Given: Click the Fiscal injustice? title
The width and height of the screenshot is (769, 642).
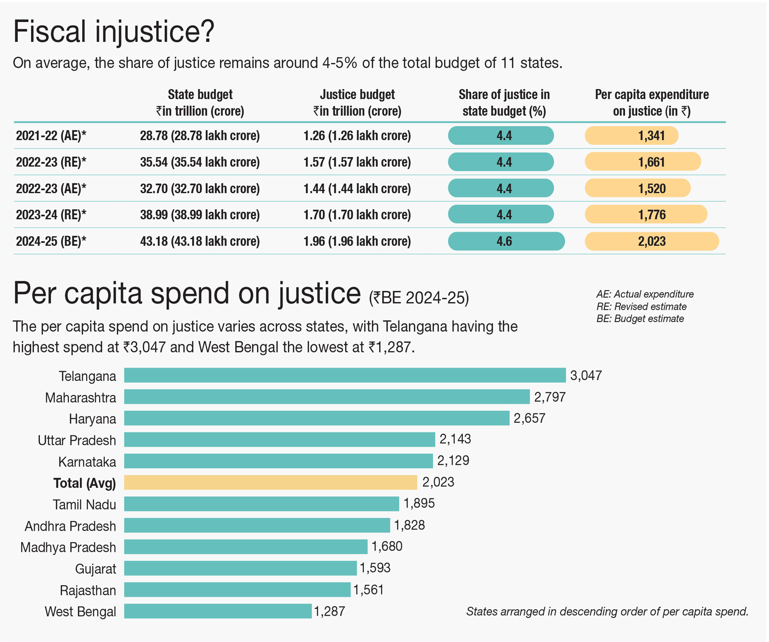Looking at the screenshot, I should click(x=113, y=32).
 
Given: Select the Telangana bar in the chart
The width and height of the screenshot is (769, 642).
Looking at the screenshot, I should click(x=345, y=376).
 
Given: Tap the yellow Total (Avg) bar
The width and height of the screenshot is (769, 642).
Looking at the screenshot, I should click(x=271, y=482).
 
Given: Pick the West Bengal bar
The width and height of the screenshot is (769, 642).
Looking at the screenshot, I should click(x=218, y=611).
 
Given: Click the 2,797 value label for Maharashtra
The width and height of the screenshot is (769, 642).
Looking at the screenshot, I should click(x=550, y=397).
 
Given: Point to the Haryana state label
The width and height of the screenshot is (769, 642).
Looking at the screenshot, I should click(x=92, y=419).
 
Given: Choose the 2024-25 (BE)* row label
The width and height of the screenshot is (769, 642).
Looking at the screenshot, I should click(x=51, y=241).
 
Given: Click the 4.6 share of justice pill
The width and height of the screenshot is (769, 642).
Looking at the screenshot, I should click(x=506, y=241).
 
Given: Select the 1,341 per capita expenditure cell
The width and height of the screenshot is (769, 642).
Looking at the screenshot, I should click(x=632, y=136).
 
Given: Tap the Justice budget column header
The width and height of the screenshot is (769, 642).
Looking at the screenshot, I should click(x=357, y=103).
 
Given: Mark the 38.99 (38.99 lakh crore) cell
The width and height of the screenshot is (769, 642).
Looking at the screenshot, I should click(x=200, y=215).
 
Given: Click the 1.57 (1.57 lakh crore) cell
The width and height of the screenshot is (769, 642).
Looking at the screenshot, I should click(x=357, y=162).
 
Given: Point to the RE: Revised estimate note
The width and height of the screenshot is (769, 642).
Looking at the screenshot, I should click(x=641, y=306).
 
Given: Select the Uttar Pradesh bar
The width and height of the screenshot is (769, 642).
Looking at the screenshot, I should click(x=279, y=439).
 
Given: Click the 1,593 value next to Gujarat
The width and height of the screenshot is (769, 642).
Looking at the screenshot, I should click(x=375, y=568).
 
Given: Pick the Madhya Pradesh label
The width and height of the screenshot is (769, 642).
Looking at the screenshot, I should click(x=68, y=547).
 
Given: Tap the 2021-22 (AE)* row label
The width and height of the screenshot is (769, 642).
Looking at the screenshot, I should click(x=51, y=136).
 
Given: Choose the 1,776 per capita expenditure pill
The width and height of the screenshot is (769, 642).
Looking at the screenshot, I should click(x=645, y=215).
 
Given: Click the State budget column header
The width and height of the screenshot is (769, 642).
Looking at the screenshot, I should click(x=200, y=103).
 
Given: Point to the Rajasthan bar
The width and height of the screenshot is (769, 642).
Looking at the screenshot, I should click(x=237, y=590).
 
